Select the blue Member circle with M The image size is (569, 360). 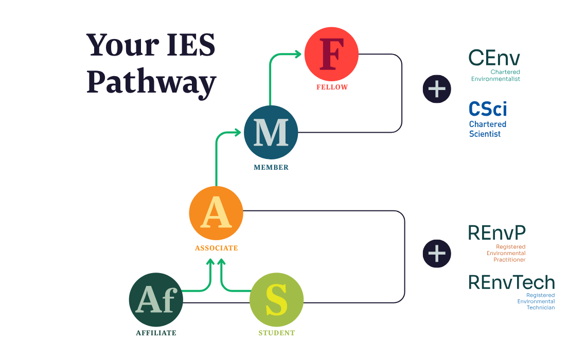pyautogui.click(x=271, y=132)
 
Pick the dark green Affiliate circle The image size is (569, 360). pyautogui.click(x=156, y=299)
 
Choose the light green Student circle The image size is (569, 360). pyautogui.click(x=277, y=299)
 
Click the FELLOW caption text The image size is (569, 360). pyautogui.click(x=332, y=87)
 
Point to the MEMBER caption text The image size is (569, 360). pyautogui.click(x=271, y=167)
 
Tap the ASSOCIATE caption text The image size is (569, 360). pyautogui.click(x=216, y=248)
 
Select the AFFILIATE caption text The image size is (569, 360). pyautogui.click(x=156, y=333)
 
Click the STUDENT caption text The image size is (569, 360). pyautogui.click(x=277, y=333)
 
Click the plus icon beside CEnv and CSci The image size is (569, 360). pyautogui.click(x=437, y=89)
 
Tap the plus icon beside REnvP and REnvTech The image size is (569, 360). pyautogui.click(x=437, y=254)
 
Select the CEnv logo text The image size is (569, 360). pyautogui.click(x=494, y=58)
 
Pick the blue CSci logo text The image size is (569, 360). pyautogui.click(x=488, y=109)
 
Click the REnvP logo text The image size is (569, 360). pyautogui.click(x=496, y=232)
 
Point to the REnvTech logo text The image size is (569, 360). pyautogui.click(x=511, y=282)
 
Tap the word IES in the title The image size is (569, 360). pyautogui.click(x=191, y=45)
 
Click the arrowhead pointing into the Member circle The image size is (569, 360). pyautogui.click(x=238, y=133)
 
